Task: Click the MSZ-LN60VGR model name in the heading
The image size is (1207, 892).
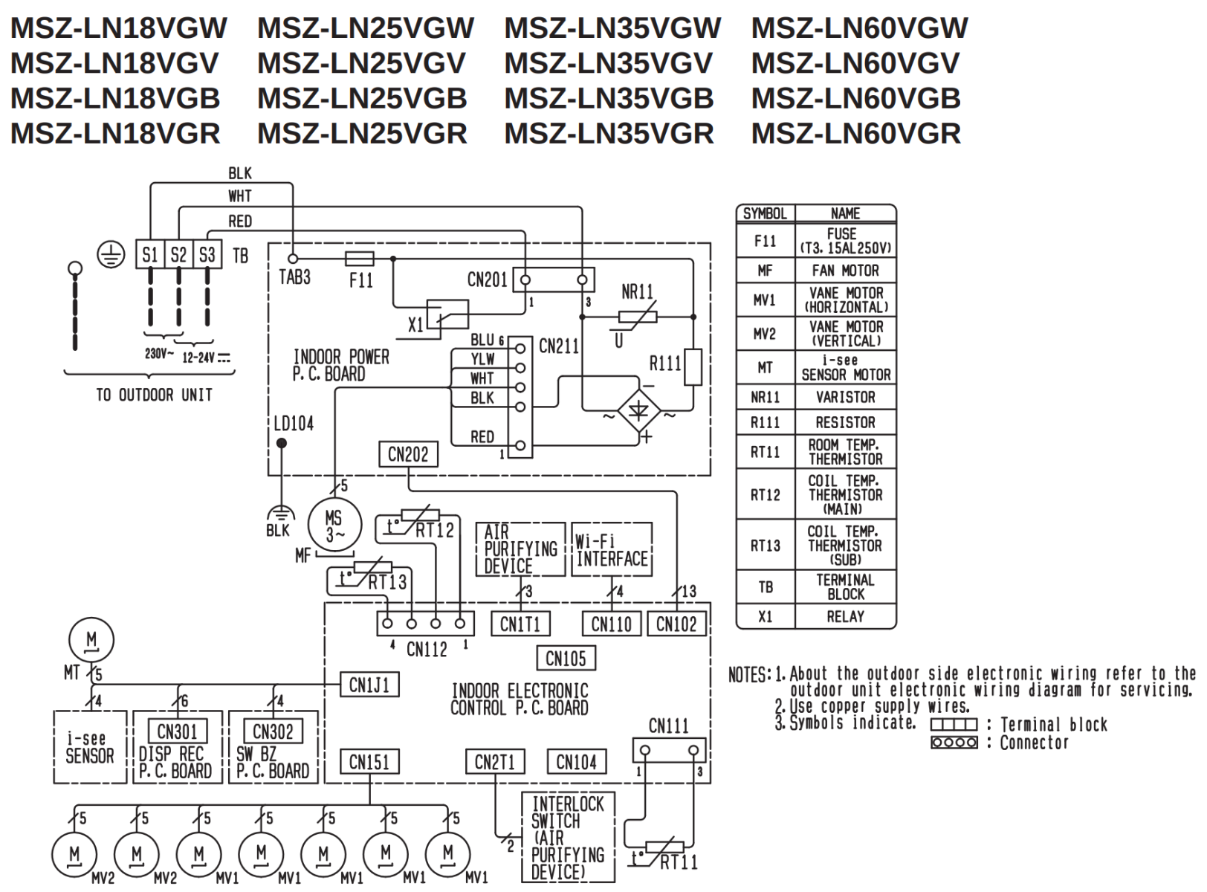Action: [x=856, y=134]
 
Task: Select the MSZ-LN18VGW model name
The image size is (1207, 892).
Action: [x=119, y=28]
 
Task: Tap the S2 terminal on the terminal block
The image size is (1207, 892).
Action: [x=178, y=255]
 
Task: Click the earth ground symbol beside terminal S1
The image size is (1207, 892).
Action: [x=111, y=255]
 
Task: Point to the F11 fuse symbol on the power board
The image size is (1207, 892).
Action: [x=360, y=259]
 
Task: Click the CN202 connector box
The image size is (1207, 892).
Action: [x=408, y=454]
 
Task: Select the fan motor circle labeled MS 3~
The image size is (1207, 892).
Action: [x=334, y=525]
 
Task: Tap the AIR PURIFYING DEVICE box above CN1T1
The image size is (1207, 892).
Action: [x=520, y=549]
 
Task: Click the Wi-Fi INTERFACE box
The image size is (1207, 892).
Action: [x=612, y=549]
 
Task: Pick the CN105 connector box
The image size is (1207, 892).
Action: [x=566, y=659]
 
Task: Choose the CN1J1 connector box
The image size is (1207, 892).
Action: [x=369, y=685]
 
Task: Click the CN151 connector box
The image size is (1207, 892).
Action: [x=369, y=762]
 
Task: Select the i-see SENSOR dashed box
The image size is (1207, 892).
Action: [x=90, y=747]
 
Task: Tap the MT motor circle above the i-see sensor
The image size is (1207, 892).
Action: [x=91, y=640]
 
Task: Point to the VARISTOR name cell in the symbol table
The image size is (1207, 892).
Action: [x=846, y=398]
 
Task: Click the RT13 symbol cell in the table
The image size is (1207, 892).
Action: [x=766, y=546]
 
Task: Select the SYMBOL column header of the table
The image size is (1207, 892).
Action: [x=766, y=213]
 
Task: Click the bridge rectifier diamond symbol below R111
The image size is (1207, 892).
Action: [x=639, y=410]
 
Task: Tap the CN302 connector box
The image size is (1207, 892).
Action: [x=273, y=731]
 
